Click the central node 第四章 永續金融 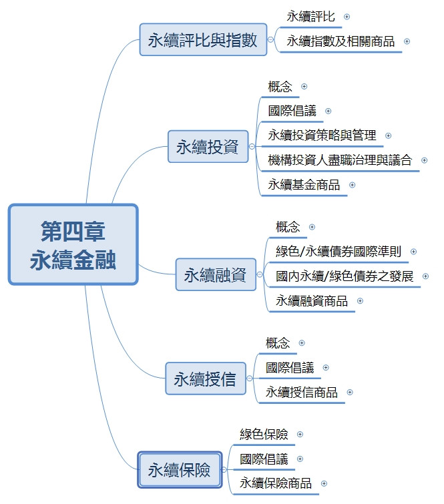coord(73,244)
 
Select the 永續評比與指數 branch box coord(202,40)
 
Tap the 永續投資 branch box coord(207,147)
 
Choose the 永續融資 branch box coord(215,275)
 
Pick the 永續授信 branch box coord(204,380)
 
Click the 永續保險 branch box coord(179,471)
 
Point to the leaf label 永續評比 coord(310,16)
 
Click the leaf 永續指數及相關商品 coord(341,41)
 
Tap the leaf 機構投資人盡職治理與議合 coord(340,160)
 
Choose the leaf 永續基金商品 coord(304,185)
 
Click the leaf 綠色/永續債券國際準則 coord(339,251)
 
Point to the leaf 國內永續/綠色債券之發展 coord(345,276)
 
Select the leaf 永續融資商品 coord(312,301)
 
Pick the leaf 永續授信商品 coord(302,392)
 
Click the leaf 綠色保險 coord(264,434)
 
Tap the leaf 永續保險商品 coord(276,483)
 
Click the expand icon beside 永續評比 coord(347,16)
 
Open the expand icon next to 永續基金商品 coord(352,185)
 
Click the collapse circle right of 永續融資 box coord(261,275)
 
